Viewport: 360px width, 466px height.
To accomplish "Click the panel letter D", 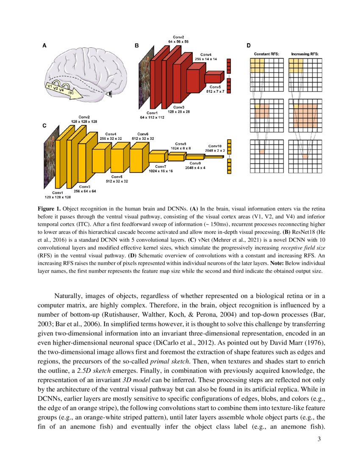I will [x=249, y=45].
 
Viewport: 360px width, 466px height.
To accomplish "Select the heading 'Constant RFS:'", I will [x=265, y=54].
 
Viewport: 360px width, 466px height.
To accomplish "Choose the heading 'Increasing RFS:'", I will [x=305, y=54].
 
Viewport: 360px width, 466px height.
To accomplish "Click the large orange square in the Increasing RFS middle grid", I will [x=305, y=113].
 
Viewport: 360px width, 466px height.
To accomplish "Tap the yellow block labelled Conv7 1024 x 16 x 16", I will [x=158, y=157].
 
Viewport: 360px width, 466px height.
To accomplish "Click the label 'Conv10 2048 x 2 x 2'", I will [x=215, y=148].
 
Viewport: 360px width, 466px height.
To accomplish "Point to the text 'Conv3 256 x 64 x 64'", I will [x=85, y=189].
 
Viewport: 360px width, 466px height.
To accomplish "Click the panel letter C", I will [x=44, y=126].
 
